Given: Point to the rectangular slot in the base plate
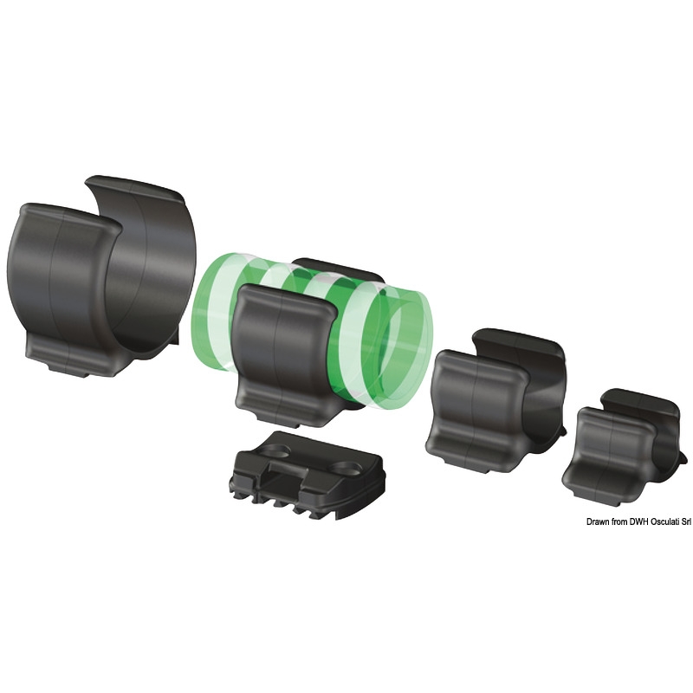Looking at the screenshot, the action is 283,478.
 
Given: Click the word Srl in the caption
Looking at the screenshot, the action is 685,522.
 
